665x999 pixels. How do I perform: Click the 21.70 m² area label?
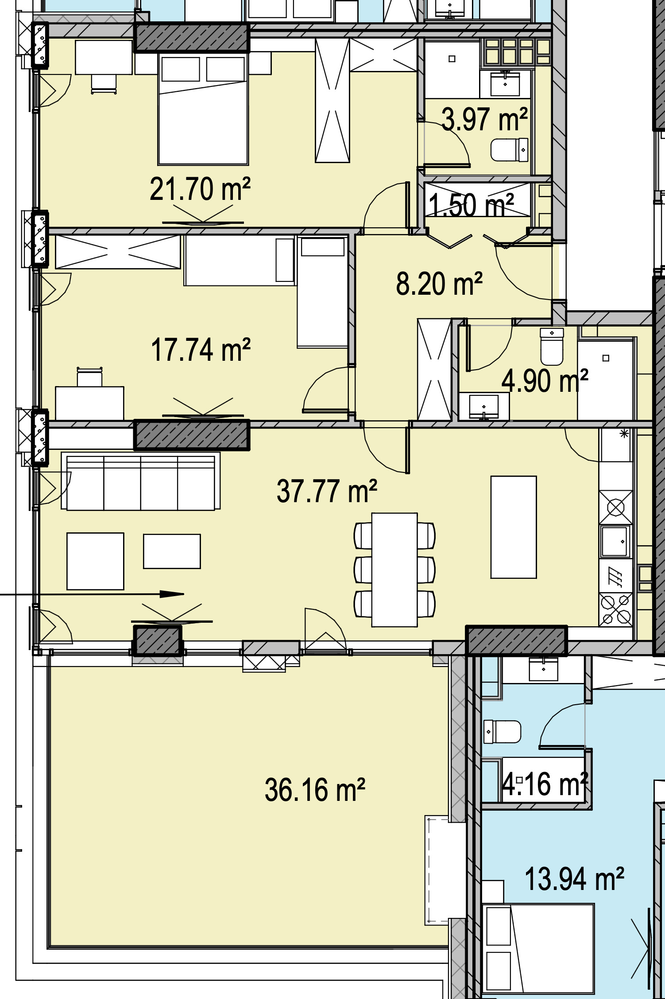[x=200, y=189]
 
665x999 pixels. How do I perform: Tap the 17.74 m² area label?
[x=201, y=350]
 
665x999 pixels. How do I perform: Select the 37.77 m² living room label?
[x=327, y=491]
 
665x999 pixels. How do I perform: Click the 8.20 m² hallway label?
[x=439, y=284]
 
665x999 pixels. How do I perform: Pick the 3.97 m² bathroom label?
[x=484, y=119]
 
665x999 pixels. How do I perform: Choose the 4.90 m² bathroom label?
[x=545, y=381]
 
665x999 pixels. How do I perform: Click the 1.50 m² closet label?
[x=471, y=205]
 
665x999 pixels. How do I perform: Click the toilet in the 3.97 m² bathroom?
[x=510, y=150]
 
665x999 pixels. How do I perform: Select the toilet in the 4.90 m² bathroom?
[x=552, y=346]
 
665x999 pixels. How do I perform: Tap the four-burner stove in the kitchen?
[x=615, y=609]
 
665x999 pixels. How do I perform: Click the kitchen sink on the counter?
[x=615, y=541]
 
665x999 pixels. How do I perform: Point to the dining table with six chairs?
[x=394, y=570]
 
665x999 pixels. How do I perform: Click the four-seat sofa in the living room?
[x=141, y=481]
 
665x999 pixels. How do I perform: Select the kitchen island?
[x=514, y=527]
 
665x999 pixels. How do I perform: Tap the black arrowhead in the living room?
[x=171, y=594]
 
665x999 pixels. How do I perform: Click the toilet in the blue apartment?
[x=502, y=731]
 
